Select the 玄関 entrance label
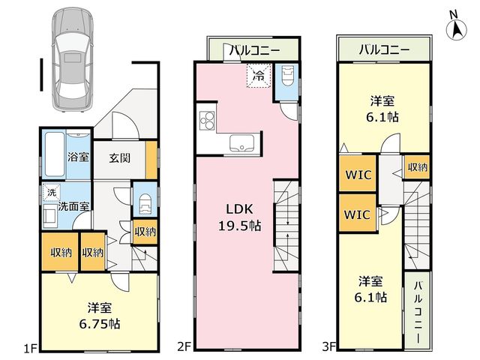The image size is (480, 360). pos(120,158)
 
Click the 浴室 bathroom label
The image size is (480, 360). pos(78,157)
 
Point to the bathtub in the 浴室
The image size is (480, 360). pos(55,154)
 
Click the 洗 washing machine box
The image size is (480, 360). pos(52,193)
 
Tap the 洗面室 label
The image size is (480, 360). pos(74,206)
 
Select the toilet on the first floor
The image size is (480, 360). pos(145,203)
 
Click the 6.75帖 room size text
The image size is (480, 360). pos(100,324)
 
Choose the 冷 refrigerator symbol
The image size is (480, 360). pos(259,76)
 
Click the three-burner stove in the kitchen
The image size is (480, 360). pos(207,121)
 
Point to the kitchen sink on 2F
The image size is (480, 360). pos(241,142)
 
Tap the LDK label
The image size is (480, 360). pos(240,209)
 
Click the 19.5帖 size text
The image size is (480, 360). pos(240,226)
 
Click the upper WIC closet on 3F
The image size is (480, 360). pos(358,173)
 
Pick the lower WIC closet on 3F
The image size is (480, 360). pos(358,213)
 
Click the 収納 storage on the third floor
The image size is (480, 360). pos(417,166)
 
